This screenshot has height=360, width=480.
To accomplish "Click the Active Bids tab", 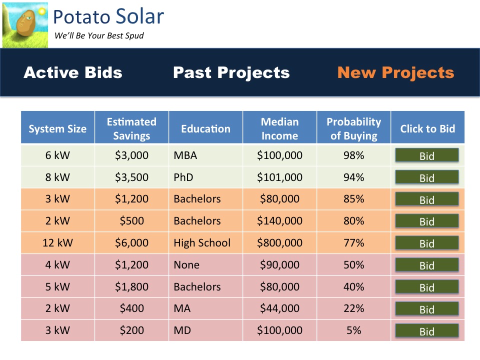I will (73, 72).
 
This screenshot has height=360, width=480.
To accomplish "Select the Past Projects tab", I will (231, 72).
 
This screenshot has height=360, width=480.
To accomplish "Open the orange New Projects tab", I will (395, 72).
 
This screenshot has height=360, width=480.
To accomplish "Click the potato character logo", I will (25, 25).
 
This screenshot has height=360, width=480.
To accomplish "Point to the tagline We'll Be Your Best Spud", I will (99, 36).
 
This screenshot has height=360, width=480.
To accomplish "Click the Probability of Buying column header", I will (353, 128).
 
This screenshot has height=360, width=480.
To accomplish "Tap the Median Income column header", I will (279, 128).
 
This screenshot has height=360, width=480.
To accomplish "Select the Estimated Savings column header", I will (131, 128).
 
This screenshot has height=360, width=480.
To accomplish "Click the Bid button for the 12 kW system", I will (426, 243).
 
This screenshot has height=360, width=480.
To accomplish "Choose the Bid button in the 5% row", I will (426, 331).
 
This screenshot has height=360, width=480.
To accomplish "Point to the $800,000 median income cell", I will (279, 243).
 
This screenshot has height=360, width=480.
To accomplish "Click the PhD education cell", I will (183, 177).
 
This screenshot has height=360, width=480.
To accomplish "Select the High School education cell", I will (202, 243).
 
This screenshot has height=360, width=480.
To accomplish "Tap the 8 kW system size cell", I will (57, 177).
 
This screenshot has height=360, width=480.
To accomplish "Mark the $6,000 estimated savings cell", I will (131, 243).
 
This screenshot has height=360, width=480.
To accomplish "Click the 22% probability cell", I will (353, 309).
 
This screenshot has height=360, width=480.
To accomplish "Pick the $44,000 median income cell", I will (279, 309).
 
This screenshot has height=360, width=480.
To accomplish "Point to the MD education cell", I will (182, 330).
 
